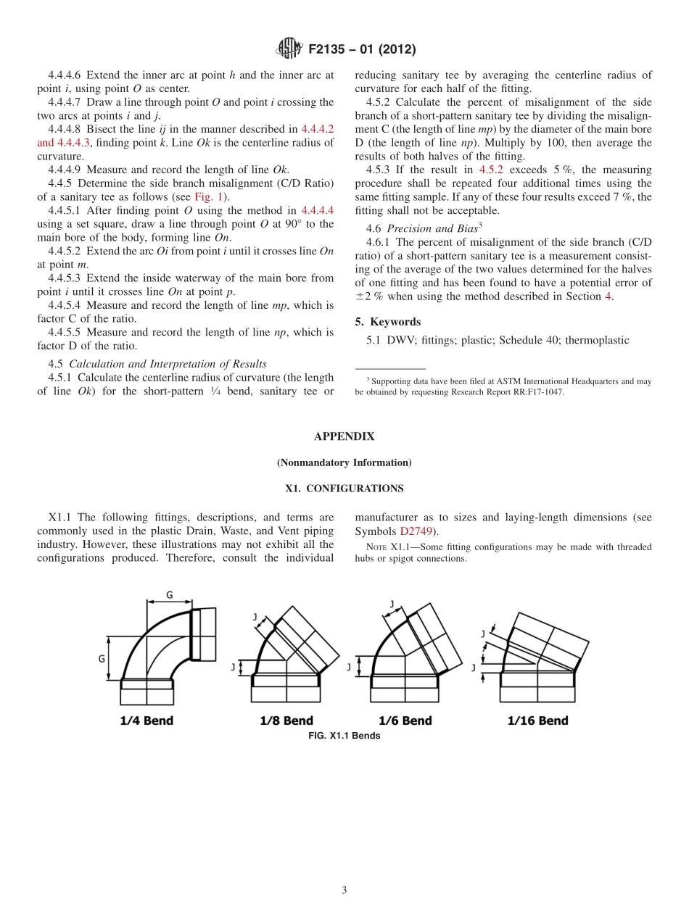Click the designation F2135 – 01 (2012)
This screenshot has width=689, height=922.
click(x=362, y=50)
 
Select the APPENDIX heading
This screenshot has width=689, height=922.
click(x=344, y=436)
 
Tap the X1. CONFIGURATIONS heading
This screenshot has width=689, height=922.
click(x=344, y=489)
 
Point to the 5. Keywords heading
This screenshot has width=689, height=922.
click(x=388, y=322)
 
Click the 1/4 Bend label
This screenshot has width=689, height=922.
click(x=147, y=720)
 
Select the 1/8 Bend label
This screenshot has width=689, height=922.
click(x=286, y=720)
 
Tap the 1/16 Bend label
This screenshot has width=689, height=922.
click(x=537, y=720)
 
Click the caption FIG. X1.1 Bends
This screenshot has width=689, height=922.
click(x=344, y=736)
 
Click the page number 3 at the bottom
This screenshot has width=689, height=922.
click(x=344, y=890)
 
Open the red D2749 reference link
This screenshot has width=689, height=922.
click(x=416, y=531)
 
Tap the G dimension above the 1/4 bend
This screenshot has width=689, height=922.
click(x=169, y=595)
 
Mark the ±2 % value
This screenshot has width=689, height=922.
click(x=371, y=296)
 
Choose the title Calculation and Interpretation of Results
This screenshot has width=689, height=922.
click(x=168, y=364)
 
